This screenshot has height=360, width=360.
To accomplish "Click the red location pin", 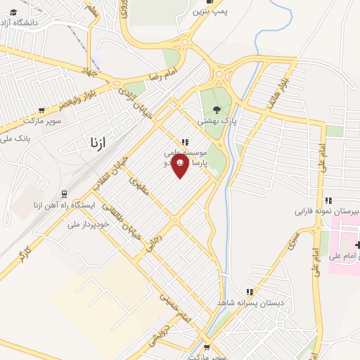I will tap(180, 165).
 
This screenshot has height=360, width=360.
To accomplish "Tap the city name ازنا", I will tap(98, 143).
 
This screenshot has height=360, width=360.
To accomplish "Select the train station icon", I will tap(65, 193).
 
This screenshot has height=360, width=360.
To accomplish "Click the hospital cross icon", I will tap(358, 245).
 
